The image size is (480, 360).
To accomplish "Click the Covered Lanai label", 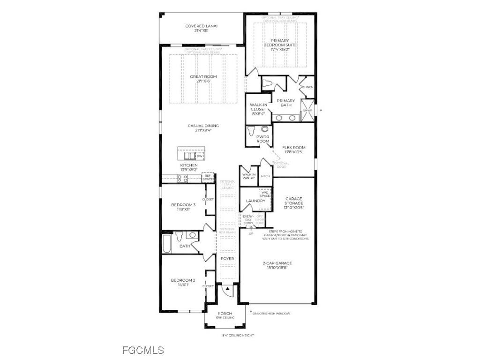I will coord(202,28).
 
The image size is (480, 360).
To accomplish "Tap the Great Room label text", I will coord(200,79).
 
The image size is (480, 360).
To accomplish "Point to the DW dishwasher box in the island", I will coord(199,156).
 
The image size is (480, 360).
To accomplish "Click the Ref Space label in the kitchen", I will coord(208,177).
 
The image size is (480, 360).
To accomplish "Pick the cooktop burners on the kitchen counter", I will coord(182,178).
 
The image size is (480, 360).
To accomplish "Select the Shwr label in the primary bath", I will coord(307,111).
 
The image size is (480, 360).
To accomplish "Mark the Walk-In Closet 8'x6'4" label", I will coord(258,109).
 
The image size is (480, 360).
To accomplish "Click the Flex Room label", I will coord(293,150).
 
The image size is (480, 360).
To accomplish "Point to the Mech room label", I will coord(265,177).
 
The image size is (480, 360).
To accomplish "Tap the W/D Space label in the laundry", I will coord(265,194).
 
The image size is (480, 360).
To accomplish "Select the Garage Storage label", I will coord(293,203).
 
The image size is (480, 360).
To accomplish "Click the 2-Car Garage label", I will coord(277,265).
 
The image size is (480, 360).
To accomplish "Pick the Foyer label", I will coord(227,258).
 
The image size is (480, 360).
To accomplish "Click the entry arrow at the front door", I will coord(227,289).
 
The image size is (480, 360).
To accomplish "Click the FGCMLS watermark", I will coord(143,350).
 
